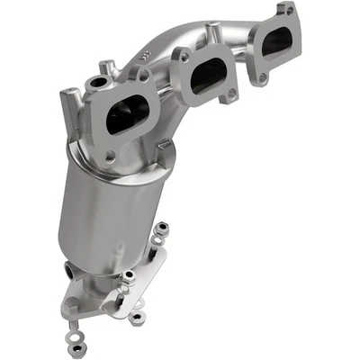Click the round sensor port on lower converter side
pos(71,269)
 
